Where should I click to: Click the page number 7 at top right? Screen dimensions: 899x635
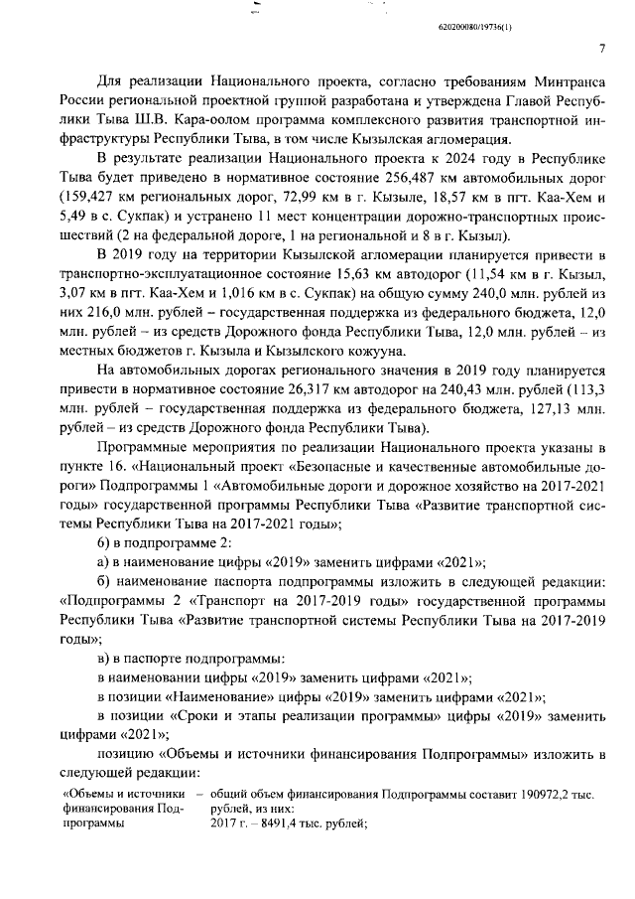point(601,48)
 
